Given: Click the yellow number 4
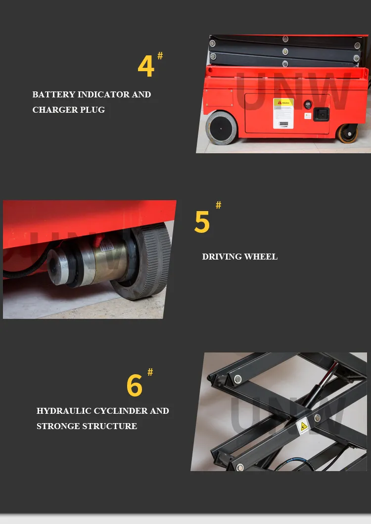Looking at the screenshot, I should point(146,66).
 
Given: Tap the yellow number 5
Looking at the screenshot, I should point(202,222).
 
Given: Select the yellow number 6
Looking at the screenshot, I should point(134,386).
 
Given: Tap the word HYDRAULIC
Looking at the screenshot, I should point(64,411).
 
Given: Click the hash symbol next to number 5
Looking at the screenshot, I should point(218,205).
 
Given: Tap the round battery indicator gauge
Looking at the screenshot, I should point(307,105).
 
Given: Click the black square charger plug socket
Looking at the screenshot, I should point(321,114).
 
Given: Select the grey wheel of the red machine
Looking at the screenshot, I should point(221,128).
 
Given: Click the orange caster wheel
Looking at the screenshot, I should point(347,133).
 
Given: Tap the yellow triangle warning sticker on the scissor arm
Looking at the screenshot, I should point(303,425).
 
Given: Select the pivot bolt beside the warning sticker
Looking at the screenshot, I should point(317,418).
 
